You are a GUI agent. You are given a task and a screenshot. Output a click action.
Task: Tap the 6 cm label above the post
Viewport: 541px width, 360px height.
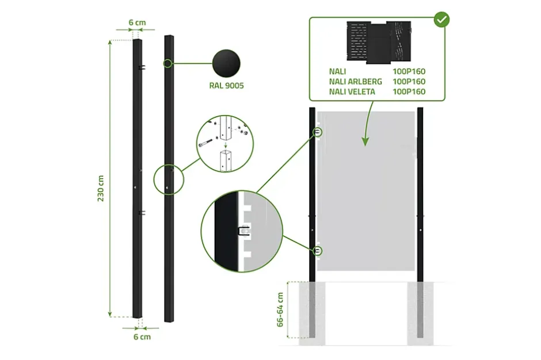pos(137,23)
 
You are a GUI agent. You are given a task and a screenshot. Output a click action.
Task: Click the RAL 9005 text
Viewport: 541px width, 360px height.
pos(227,86)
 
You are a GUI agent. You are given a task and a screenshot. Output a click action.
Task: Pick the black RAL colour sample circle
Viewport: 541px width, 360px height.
pos(226,63)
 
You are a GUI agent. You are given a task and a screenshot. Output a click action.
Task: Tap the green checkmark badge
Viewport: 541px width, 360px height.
pos(441,19)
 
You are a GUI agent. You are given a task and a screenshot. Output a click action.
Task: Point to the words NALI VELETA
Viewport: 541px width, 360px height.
pos(352,91)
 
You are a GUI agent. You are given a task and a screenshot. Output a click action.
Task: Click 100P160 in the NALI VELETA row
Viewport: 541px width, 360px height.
pos(409,91)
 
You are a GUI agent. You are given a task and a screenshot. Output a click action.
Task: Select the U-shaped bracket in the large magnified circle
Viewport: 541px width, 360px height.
pos(243,231)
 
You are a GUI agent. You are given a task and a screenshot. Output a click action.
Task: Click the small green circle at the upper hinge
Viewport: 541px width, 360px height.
pos(318,132)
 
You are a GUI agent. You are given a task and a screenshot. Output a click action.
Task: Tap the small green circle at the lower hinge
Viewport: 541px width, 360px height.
pos(318,251)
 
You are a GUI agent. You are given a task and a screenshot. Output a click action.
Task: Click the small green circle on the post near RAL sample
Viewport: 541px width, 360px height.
pos(167,63)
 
